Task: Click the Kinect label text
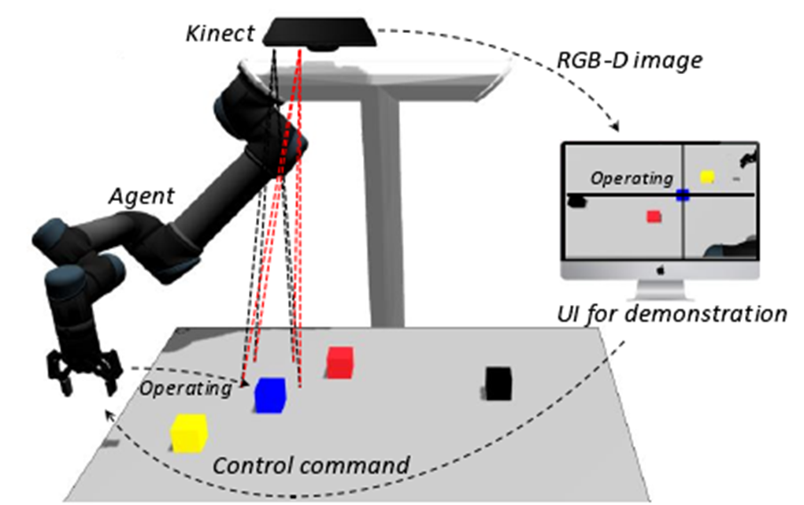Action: click(220, 33)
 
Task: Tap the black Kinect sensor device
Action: click(318, 32)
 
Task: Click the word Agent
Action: click(142, 195)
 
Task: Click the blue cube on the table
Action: click(269, 395)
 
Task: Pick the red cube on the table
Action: click(339, 362)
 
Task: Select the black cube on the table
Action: click(498, 383)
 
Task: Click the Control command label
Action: click(312, 465)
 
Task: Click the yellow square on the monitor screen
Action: click(706, 177)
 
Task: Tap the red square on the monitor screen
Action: click(654, 216)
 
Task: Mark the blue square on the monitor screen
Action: click(682, 195)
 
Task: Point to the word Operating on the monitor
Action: click(632, 179)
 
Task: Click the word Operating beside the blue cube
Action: click(185, 388)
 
